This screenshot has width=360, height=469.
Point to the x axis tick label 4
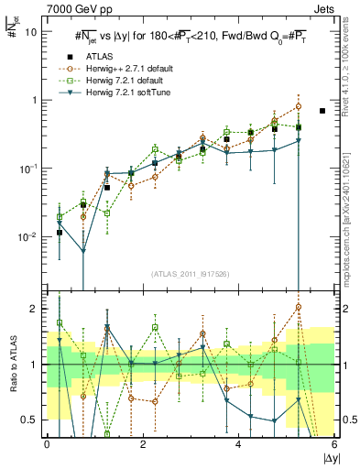(x=238, y=446)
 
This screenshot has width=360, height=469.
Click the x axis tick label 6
(x=333, y=446)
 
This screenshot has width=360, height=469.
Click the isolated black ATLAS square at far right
(x=322, y=111)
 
